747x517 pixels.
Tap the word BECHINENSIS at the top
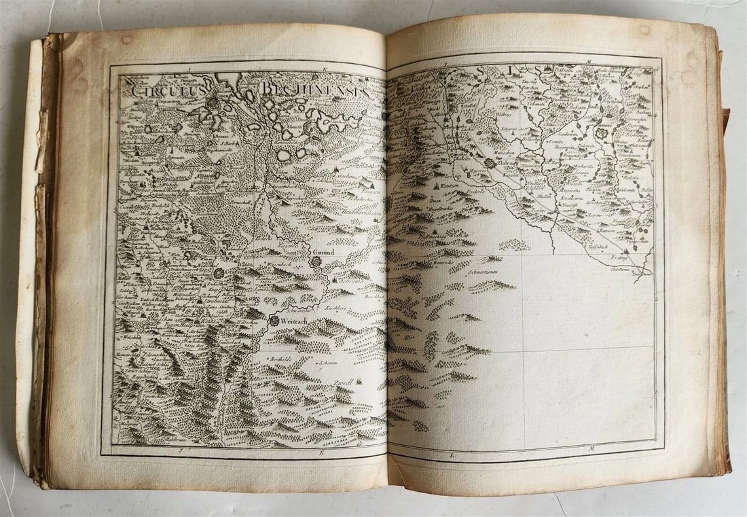pyautogui.click(x=314, y=89)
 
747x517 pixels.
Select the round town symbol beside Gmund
pyautogui.click(x=316, y=262)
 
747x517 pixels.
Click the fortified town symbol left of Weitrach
pyautogui.click(x=274, y=320)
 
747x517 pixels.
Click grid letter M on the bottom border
pyautogui.click(x=591, y=448)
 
